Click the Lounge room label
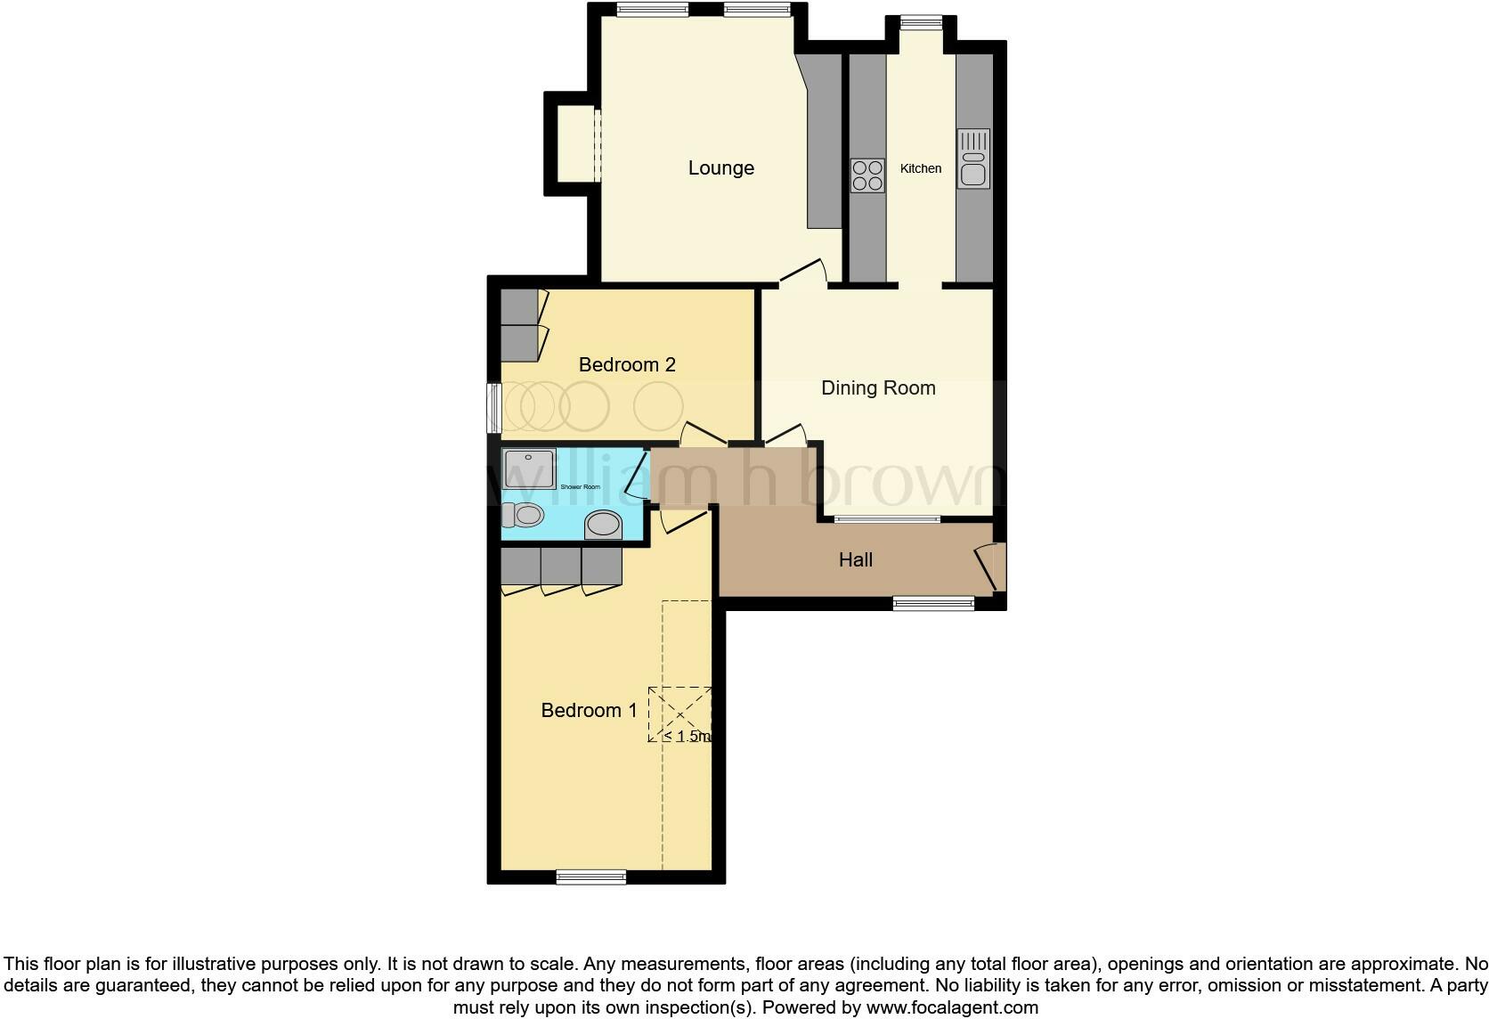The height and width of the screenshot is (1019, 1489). (720, 168)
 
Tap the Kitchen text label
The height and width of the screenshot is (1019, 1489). (920, 168)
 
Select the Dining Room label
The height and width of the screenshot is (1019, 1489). (877, 388)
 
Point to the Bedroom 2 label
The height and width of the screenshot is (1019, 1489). (627, 364)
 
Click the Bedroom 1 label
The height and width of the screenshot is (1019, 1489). (589, 710)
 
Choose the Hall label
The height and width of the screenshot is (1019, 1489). (855, 559)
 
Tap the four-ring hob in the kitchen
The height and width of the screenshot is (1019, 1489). (867, 175)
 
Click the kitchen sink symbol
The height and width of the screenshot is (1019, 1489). (973, 159)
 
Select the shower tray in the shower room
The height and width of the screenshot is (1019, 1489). (528, 469)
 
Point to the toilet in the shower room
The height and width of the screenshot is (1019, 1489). (522, 515)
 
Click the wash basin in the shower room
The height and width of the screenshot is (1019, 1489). (604, 525)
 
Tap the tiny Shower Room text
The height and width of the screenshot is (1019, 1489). (580, 487)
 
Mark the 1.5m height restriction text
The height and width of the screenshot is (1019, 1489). (688, 737)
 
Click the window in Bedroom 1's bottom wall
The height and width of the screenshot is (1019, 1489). (590, 876)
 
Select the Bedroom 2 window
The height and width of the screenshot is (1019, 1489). (492, 408)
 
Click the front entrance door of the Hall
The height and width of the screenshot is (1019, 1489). (990, 568)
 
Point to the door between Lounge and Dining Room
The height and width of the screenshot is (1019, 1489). (803, 272)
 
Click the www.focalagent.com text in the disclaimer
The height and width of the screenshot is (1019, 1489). (952, 1007)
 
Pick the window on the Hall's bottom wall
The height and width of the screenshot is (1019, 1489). (933, 604)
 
